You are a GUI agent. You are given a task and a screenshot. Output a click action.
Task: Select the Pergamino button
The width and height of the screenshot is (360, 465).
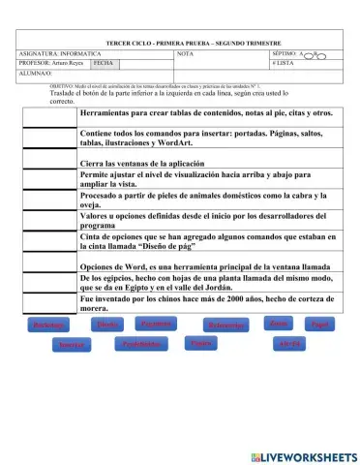157,324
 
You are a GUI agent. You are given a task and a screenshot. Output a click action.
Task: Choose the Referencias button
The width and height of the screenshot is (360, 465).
225,325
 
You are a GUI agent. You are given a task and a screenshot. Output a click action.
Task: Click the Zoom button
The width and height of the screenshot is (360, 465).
278,323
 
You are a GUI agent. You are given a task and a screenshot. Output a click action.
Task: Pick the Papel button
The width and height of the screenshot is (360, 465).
320,325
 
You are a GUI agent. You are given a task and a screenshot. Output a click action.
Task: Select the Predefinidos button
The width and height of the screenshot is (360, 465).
142,344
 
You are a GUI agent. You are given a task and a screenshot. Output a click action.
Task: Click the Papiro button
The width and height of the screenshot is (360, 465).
200,344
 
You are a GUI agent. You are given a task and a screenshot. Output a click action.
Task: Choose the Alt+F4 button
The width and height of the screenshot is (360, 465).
289,345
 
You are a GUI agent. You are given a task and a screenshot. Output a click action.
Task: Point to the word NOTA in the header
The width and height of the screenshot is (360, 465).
185,53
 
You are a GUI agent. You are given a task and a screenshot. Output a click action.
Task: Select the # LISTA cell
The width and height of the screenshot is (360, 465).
284,62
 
